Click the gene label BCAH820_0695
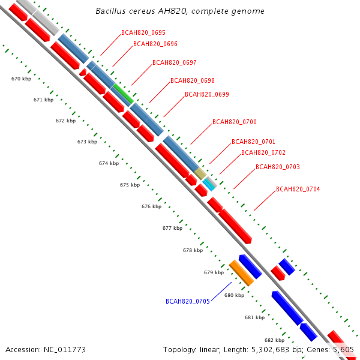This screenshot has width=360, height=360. (143, 32)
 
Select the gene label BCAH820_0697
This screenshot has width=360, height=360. (175, 62)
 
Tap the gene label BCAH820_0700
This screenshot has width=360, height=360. (235, 122)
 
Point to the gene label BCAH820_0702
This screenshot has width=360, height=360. (263, 152)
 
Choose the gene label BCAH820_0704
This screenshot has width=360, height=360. (298, 189)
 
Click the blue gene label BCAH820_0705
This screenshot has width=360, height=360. (188, 301)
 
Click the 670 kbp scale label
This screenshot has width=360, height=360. (22, 79)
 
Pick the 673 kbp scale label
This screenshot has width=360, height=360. (87, 142)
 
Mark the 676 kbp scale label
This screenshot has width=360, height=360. (152, 206)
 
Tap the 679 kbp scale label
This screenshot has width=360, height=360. (214, 272)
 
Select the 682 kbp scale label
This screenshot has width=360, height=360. (275, 340)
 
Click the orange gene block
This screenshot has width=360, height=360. (242, 273)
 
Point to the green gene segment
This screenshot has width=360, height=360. (123, 94)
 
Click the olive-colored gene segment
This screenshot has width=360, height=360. (200, 173)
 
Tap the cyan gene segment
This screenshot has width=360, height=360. (209, 185)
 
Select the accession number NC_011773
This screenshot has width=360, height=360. (65, 350)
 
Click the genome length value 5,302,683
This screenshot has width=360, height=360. (270, 350)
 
